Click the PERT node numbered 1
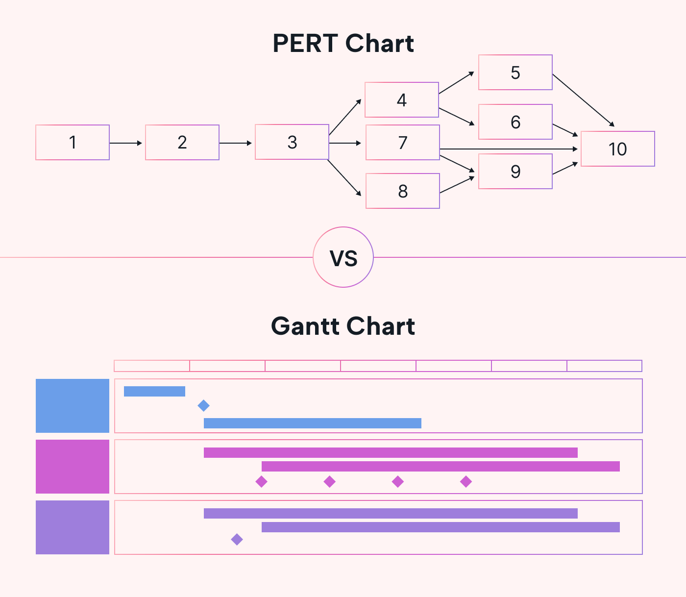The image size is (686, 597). coord(73,143)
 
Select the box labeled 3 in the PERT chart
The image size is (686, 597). coord(292,142)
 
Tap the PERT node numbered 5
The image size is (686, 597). coord(515,73)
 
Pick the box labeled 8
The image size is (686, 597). coord(403,191)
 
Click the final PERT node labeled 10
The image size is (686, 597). coord(618,149)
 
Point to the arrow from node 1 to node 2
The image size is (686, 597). coord(126,143)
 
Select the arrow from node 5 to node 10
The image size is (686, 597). coord(583,100)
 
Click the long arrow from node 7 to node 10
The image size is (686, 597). coord(510,149)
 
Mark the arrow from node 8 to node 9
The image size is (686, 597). coord(458,185)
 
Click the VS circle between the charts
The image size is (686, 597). coord(343,257)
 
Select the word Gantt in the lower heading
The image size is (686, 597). coord(307,326)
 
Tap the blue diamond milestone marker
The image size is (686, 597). coord(203,405)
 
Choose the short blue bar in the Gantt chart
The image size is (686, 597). coord(154,391)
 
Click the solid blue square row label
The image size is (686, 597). coord(73,406)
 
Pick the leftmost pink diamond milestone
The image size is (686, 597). coord(262,482)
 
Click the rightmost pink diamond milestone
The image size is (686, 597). coord(466,482)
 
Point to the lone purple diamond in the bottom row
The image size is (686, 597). coord(237,540)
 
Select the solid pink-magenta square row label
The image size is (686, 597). coord(73,467)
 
